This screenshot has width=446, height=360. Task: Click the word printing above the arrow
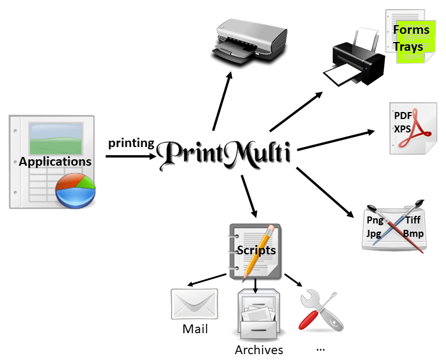click(131, 143)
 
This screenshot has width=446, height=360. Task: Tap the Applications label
click(55, 162)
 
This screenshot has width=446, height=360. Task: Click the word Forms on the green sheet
click(411, 30)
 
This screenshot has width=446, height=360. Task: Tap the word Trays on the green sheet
click(408, 47)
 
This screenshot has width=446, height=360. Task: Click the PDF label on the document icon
click(403, 115)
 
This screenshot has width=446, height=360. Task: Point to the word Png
click(375, 220)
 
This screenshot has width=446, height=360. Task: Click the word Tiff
click(412, 220)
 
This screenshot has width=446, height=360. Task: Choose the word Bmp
click(413, 233)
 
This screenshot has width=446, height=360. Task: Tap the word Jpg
click(374, 233)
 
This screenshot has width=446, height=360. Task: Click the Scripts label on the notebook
click(256, 250)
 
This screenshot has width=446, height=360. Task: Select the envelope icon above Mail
click(194, 303)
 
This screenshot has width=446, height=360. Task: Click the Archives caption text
click(259, 350)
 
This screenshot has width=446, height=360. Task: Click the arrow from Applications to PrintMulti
click(131, 156)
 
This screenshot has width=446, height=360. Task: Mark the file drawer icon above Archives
click(257, 316)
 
